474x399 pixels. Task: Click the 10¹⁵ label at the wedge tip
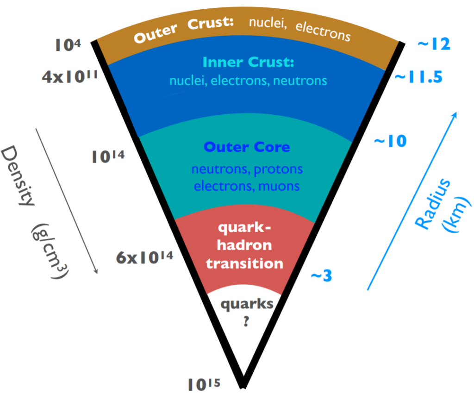coord(204,384)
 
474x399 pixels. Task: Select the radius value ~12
coord(434,44)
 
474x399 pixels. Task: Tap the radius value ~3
coord(321,276)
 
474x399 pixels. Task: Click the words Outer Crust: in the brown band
coord(185,31)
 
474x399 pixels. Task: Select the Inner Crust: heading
coord(249,62)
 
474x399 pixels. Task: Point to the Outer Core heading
coord(247,147)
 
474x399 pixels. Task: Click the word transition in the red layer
coord(245,263)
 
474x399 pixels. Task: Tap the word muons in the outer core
coord(279,186)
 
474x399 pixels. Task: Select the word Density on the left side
coord(18,176)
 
